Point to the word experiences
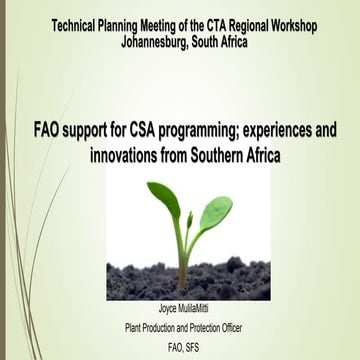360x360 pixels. (286, 131)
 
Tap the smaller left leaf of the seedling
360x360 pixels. (162, 194)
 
